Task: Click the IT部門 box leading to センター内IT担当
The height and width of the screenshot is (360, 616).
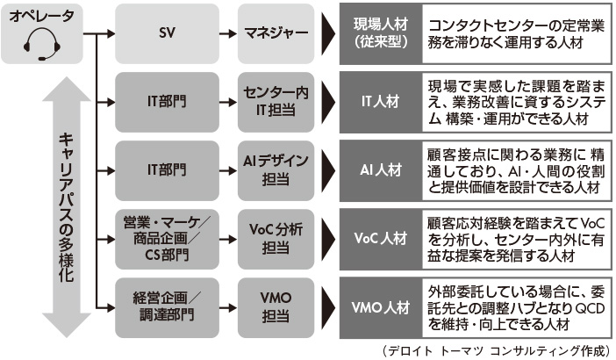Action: pyautogui.click(x=166, y=102)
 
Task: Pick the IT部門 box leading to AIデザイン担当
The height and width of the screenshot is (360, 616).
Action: pyautogui.click(x=166, y=169)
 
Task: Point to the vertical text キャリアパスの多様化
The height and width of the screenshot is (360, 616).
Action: pyautogui.click(x=65, y=207)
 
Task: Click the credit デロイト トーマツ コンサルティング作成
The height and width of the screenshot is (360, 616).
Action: pyautogui.click(x=497, y=350)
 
